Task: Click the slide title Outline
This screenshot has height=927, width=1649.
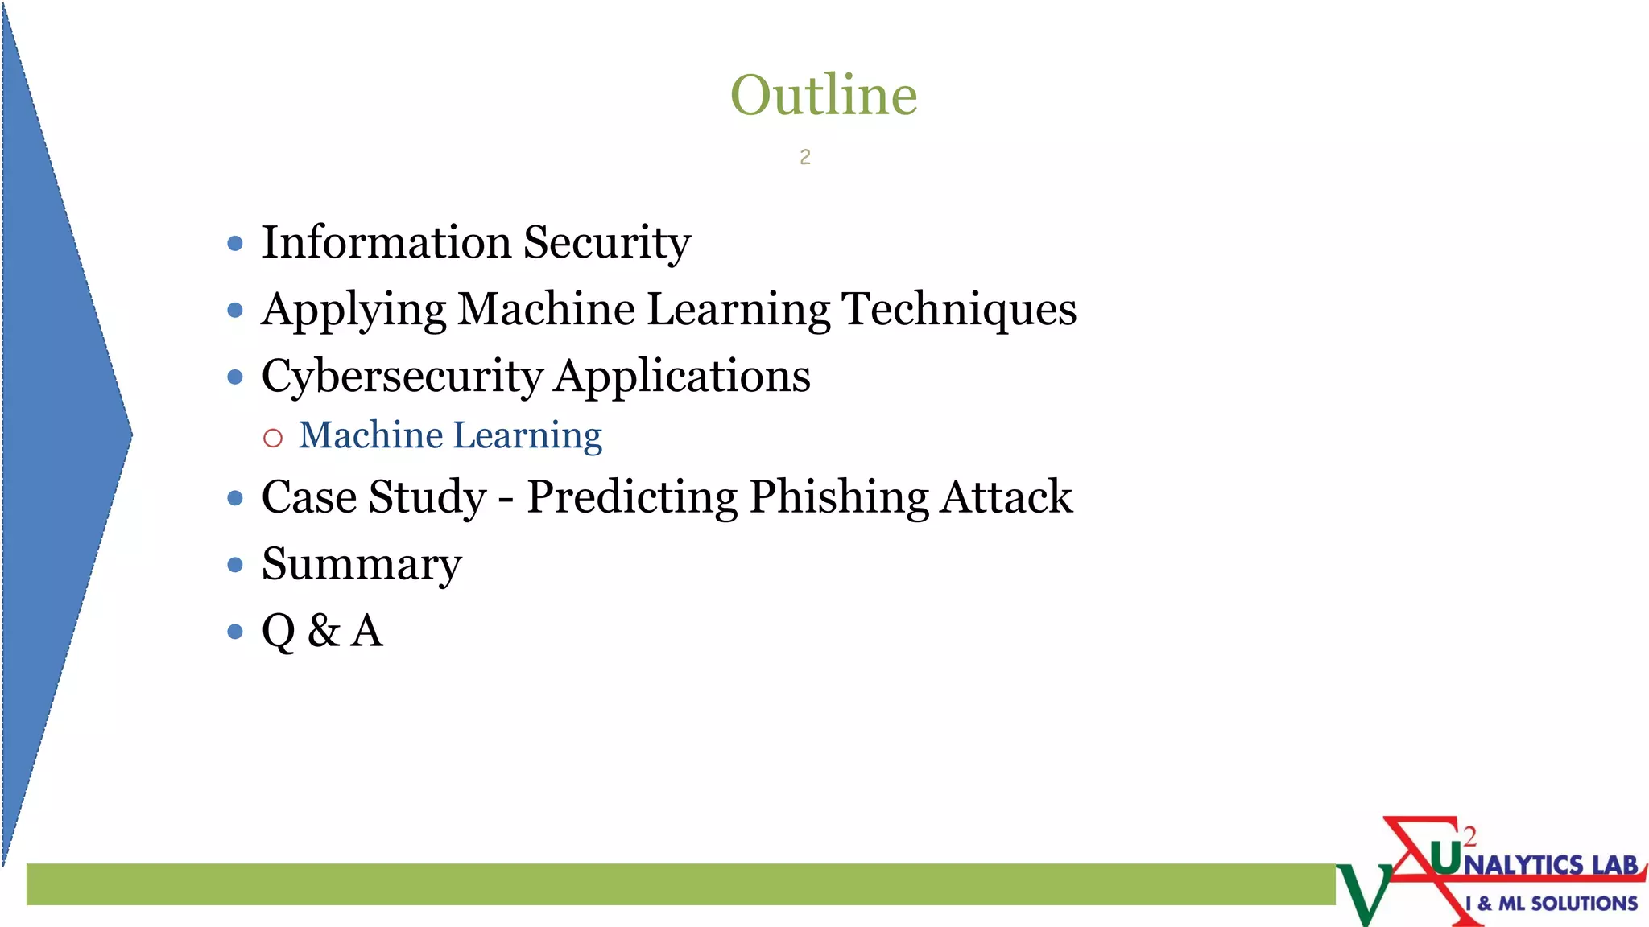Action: [823, 95]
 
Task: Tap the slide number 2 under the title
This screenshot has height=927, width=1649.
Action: [804, 158]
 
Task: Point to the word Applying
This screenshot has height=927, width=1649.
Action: [353, 311]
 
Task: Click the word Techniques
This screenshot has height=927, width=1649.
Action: [959, 310]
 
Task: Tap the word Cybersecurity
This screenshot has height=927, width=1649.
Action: [402, 377]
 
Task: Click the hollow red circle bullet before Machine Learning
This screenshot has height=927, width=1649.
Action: [273, 438]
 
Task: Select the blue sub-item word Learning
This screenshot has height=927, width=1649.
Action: [527, 437]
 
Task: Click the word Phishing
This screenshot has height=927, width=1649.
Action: [839, 498]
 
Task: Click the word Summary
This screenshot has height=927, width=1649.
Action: [362, 565]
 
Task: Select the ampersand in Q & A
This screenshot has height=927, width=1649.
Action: [324, 631]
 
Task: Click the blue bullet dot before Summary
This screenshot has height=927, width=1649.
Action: [235, 565]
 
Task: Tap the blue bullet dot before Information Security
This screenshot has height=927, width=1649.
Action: [235, 243]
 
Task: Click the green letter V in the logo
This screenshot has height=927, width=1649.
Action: [1364, 893]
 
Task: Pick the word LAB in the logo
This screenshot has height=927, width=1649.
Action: [1614, 865]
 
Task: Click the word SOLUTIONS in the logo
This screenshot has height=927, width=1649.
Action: [1584, 904]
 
